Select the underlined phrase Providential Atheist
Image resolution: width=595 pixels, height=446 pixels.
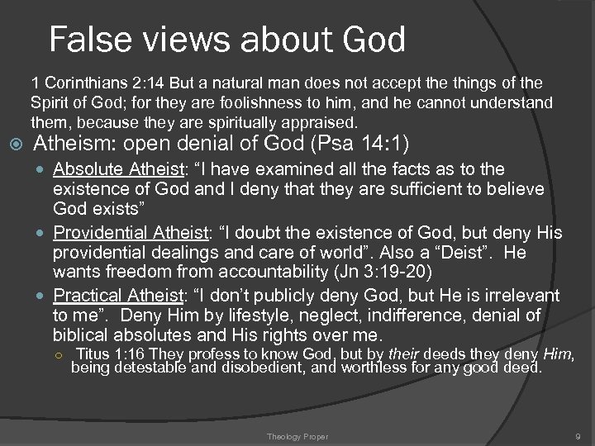(x=131, y=233)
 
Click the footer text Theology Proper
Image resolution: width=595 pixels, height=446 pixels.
(x=297, y=436)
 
